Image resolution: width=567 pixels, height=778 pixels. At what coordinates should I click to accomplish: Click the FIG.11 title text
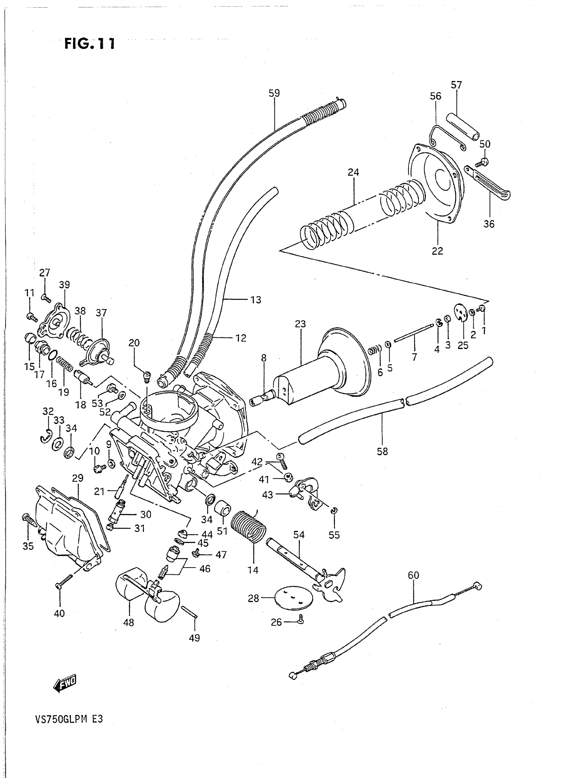pyautogui.click(x=90, y=44)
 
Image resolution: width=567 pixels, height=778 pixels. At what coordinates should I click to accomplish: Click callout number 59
pyautogui.click(x=274, y=93)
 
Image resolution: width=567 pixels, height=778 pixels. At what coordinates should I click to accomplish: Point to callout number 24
pyautogui.click(x=353, y=172)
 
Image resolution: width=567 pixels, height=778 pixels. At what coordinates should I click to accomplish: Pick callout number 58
pyautogui.click(x=382, y=451)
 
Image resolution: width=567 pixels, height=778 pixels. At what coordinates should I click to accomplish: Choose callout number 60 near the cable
pyautogui.click(x=413, y=575)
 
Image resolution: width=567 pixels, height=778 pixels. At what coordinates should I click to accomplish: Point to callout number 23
pyautogui.click(x=300, y=323)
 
